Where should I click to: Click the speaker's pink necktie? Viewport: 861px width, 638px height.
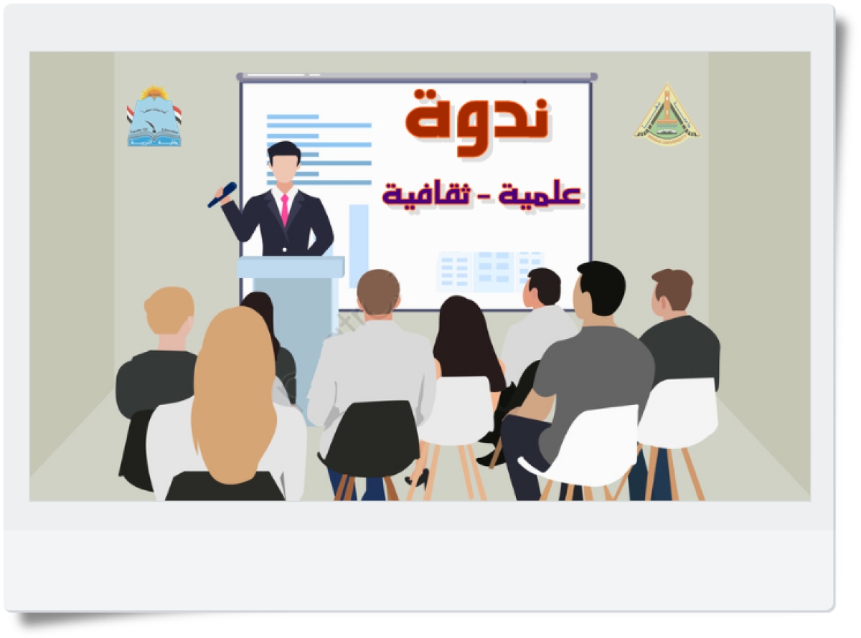285,209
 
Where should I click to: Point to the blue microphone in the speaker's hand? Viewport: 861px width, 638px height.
222,194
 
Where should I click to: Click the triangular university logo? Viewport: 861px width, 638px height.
667,113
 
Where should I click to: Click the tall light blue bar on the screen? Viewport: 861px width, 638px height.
358,237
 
